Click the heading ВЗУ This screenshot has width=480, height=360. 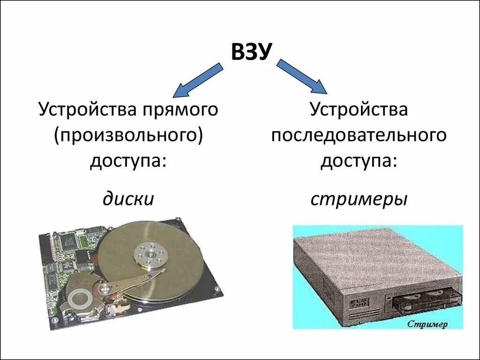[x=251, y=52]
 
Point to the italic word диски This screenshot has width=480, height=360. [x=128, y=199]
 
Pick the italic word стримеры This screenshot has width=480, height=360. [x=359, y=199]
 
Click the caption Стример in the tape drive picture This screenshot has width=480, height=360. [x=427, y=323]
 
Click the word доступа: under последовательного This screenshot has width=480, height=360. [x=359, y=161]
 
